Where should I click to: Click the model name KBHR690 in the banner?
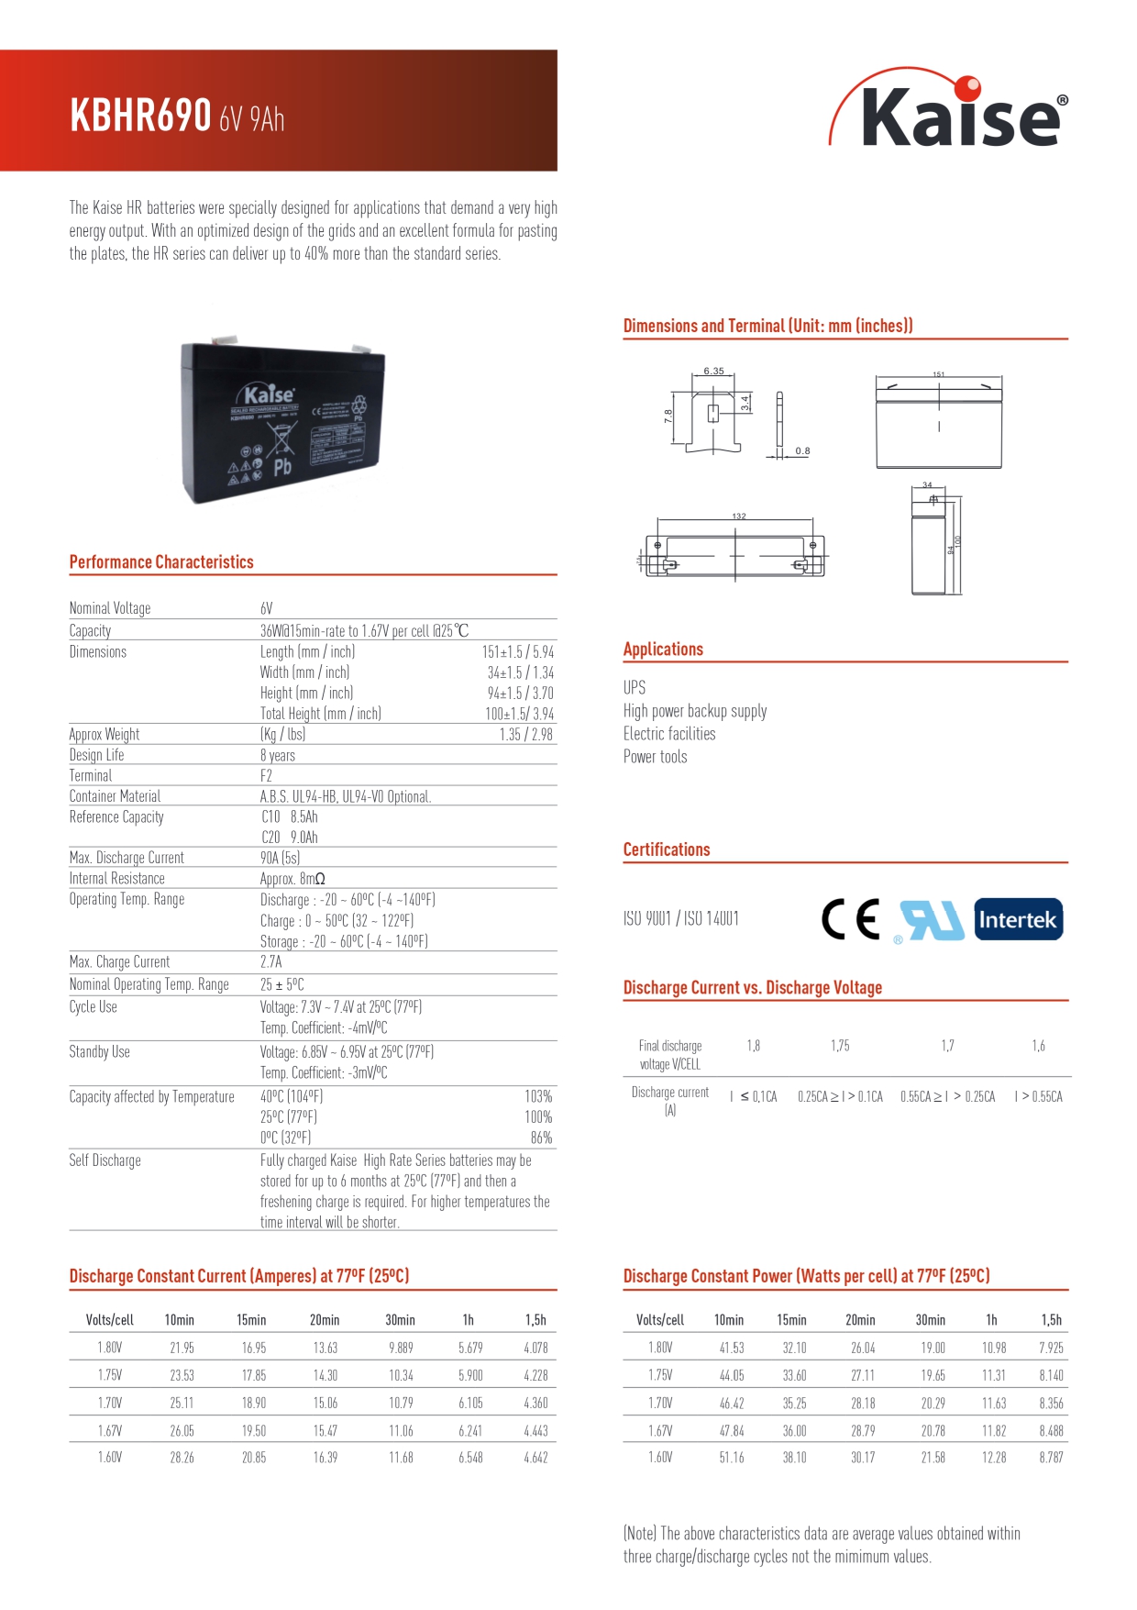[x=140, y=116]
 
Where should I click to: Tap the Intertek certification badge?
[x=1018, y=919]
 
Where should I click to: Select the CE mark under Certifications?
[x=851, y=919]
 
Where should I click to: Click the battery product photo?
[x=282, y=421]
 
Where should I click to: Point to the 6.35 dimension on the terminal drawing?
[x=713, y=371]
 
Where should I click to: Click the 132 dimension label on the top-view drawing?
[x=739, y=516]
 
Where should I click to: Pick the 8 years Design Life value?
[x=278, y=755]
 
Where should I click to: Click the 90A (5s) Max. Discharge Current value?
[x=280, y=858]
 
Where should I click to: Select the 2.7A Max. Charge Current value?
[x=270, y=961]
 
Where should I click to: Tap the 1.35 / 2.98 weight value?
[x=526, y=734]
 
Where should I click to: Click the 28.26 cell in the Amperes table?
[x=182, y=1457]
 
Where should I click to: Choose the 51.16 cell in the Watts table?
[x=732, y=1457]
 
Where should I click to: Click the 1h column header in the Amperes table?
[x=469, y=1320]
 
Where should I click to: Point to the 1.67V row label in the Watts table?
[x=660, y=1430]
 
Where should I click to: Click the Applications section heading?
[x=663, y=650]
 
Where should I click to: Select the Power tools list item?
[x=655, y=757]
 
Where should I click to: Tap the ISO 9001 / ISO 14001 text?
[x=680, y=918]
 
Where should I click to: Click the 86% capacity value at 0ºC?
[x=541, y=1138]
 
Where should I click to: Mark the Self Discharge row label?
[x=105, y=1160]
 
